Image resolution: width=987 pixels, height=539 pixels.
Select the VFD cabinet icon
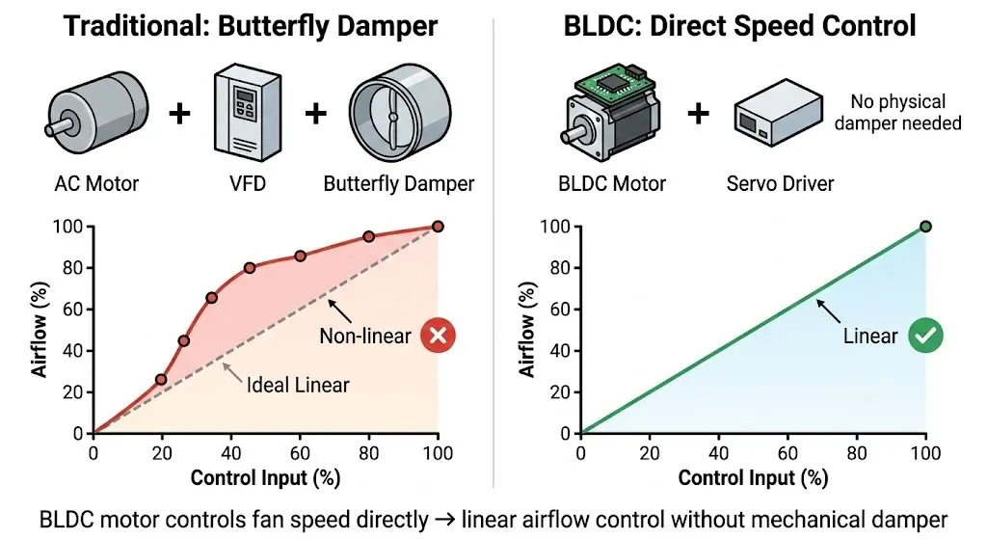[248, 114]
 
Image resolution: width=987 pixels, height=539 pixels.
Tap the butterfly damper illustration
[400, 114]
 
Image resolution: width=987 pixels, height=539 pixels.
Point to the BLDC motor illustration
[610, 112]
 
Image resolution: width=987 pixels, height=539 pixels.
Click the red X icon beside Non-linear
[439, 335]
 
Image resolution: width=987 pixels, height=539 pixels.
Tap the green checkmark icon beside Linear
[925, 335]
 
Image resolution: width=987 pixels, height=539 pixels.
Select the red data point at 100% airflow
[439, 227]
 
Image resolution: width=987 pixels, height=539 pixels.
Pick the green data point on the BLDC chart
[925, 227]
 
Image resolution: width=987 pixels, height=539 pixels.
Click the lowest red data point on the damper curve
[161, 380]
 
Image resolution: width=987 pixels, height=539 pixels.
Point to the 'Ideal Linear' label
[298, 385]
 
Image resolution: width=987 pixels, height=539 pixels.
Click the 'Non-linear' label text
[365, 336]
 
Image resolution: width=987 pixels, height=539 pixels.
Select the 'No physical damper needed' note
[897, 112]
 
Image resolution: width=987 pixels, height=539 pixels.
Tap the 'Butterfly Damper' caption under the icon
[398, 184]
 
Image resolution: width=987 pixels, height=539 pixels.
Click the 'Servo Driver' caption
[780, 184]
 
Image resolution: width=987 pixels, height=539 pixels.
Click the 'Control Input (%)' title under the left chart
[266, 478]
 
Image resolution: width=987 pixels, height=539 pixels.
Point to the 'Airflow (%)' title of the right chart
[527, 330]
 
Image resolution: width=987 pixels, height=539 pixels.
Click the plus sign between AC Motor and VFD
[179, 114]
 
